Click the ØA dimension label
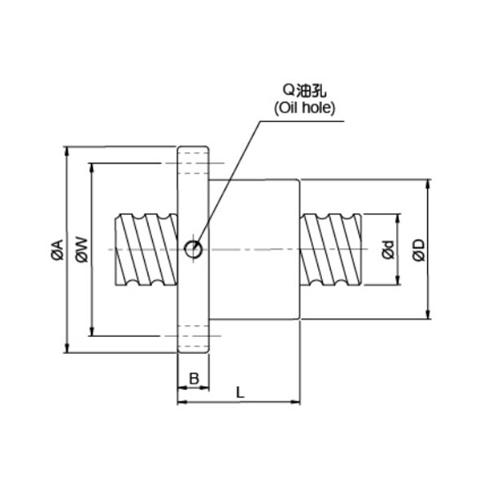[58, 250]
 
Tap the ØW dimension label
[82, 250]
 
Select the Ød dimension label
[389, 250]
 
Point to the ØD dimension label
[419, 250]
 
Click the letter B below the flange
[194, 379]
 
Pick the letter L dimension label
[240, 393]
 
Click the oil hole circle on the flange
[194, 250]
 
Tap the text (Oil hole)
[305, 108]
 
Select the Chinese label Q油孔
[304, 90]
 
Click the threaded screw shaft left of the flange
[146, 250]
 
